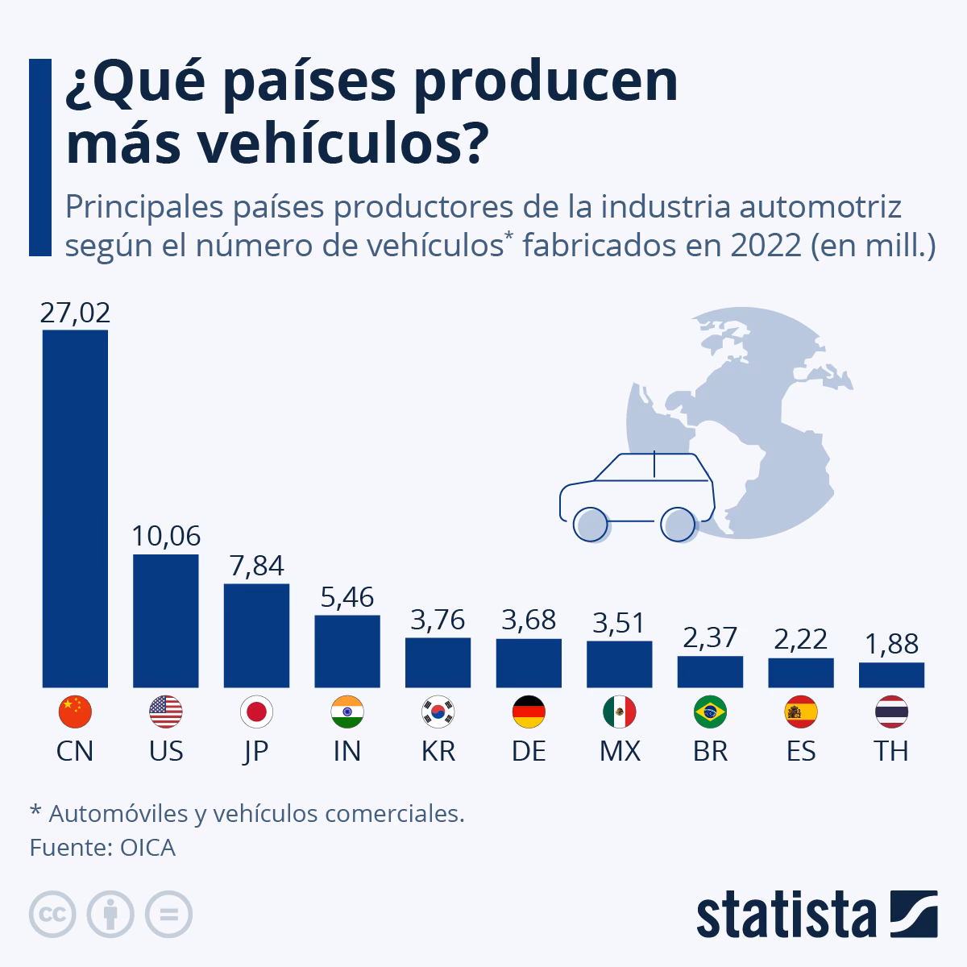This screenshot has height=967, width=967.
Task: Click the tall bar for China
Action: (75, 508)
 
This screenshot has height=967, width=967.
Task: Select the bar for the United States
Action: (166, 620)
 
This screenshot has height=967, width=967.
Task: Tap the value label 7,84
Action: (256, 566)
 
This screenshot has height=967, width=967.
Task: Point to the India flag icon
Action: (347, 712)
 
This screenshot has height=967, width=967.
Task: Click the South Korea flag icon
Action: (438, 712)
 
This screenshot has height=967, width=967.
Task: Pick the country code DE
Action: (529, 751)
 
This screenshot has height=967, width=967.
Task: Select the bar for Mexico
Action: (620, 664)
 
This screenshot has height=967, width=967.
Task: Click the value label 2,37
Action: (710, 637)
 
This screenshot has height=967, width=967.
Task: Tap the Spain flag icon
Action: (801, 712)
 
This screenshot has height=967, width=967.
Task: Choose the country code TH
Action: (891, 751)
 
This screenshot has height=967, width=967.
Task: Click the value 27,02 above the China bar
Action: (75, 313)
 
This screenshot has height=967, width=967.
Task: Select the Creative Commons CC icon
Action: (53, 915)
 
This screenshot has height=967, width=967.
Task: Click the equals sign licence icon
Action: (169, 915)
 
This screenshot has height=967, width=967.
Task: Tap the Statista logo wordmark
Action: (786, 915)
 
